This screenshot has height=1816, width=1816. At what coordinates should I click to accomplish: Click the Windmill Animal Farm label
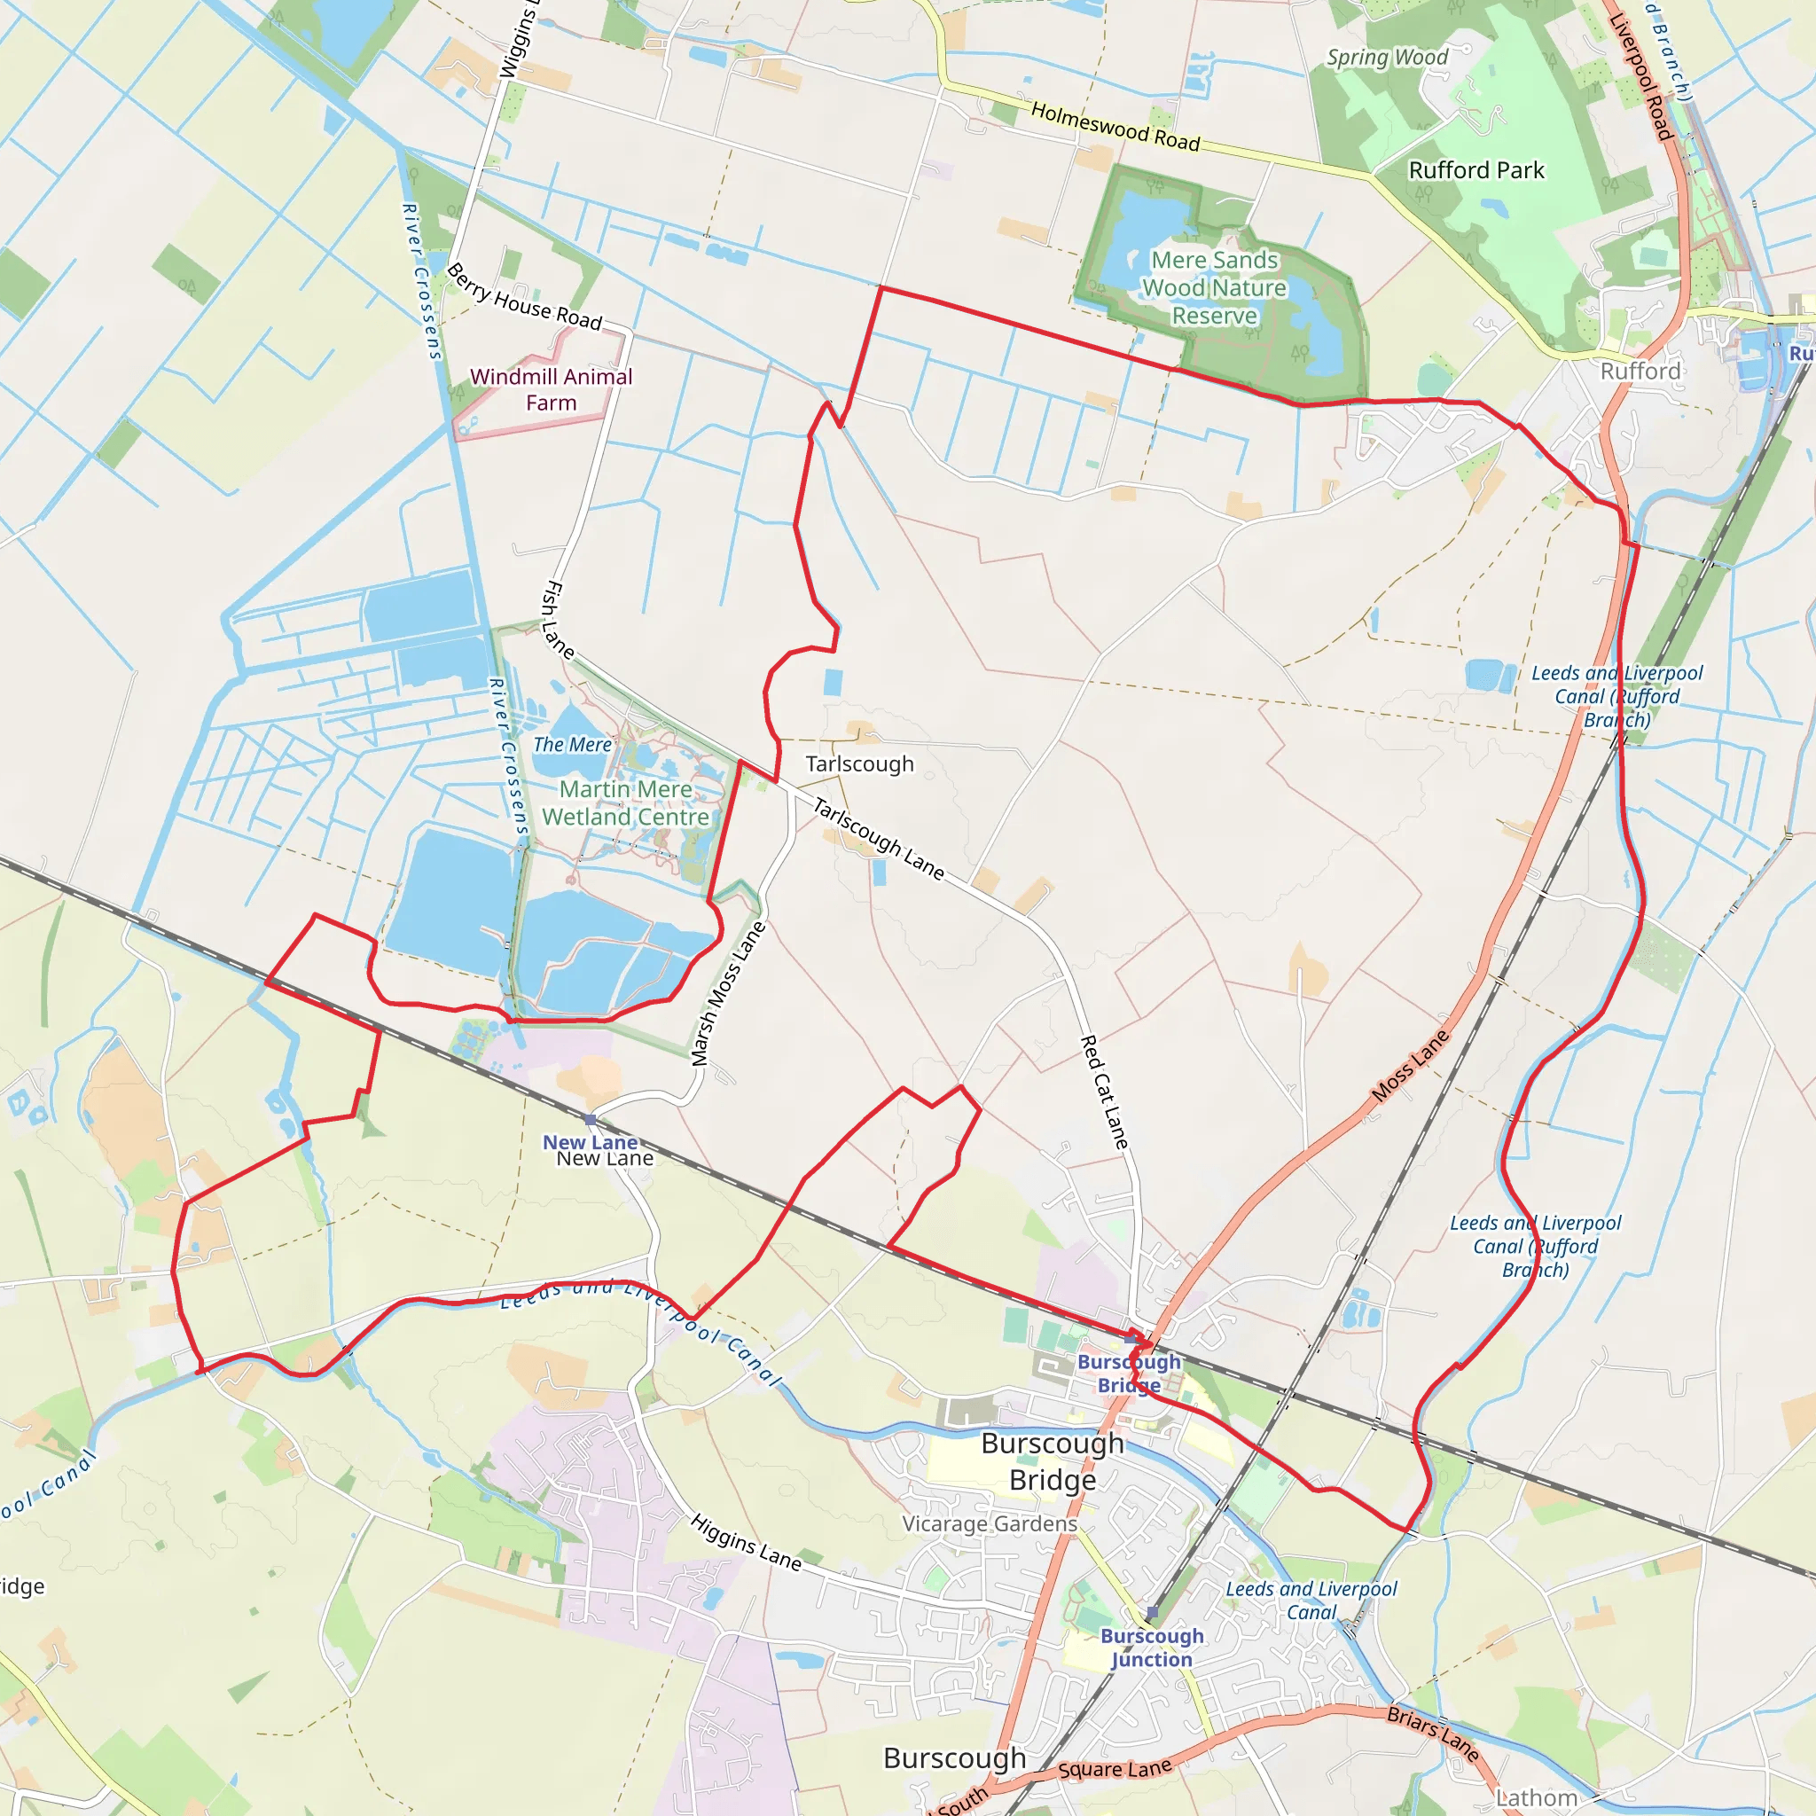click(551, 390)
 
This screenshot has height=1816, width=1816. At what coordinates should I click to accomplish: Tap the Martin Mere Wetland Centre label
click(625, 803)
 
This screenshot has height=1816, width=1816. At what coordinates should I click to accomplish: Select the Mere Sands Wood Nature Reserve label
click(1215, 287)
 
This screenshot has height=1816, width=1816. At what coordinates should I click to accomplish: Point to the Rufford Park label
click(1475, 170)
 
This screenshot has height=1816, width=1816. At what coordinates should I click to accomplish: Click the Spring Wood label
click(1387, 58)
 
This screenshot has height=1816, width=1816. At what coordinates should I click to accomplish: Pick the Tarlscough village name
click(859, 764)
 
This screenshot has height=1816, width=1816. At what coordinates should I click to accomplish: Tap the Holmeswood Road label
click(1115, 127)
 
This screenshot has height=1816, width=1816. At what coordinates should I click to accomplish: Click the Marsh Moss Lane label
click(729, 995)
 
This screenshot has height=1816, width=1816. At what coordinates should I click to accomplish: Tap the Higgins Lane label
click(747, 1543)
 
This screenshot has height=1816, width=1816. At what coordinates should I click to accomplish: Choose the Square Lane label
click(1115, 1770)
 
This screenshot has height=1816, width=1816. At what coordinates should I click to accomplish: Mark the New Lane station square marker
click(591, 1120)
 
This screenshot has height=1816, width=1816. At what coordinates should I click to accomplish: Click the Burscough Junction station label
click(1152, 1648)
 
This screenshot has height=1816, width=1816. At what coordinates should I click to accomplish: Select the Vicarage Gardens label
click(990, 1523)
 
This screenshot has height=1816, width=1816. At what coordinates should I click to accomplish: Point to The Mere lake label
click(572, 745)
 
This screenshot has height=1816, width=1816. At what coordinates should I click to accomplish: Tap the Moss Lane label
click(1410, 1066)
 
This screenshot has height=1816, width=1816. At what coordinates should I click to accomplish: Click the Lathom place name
click(1537, 1798)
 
